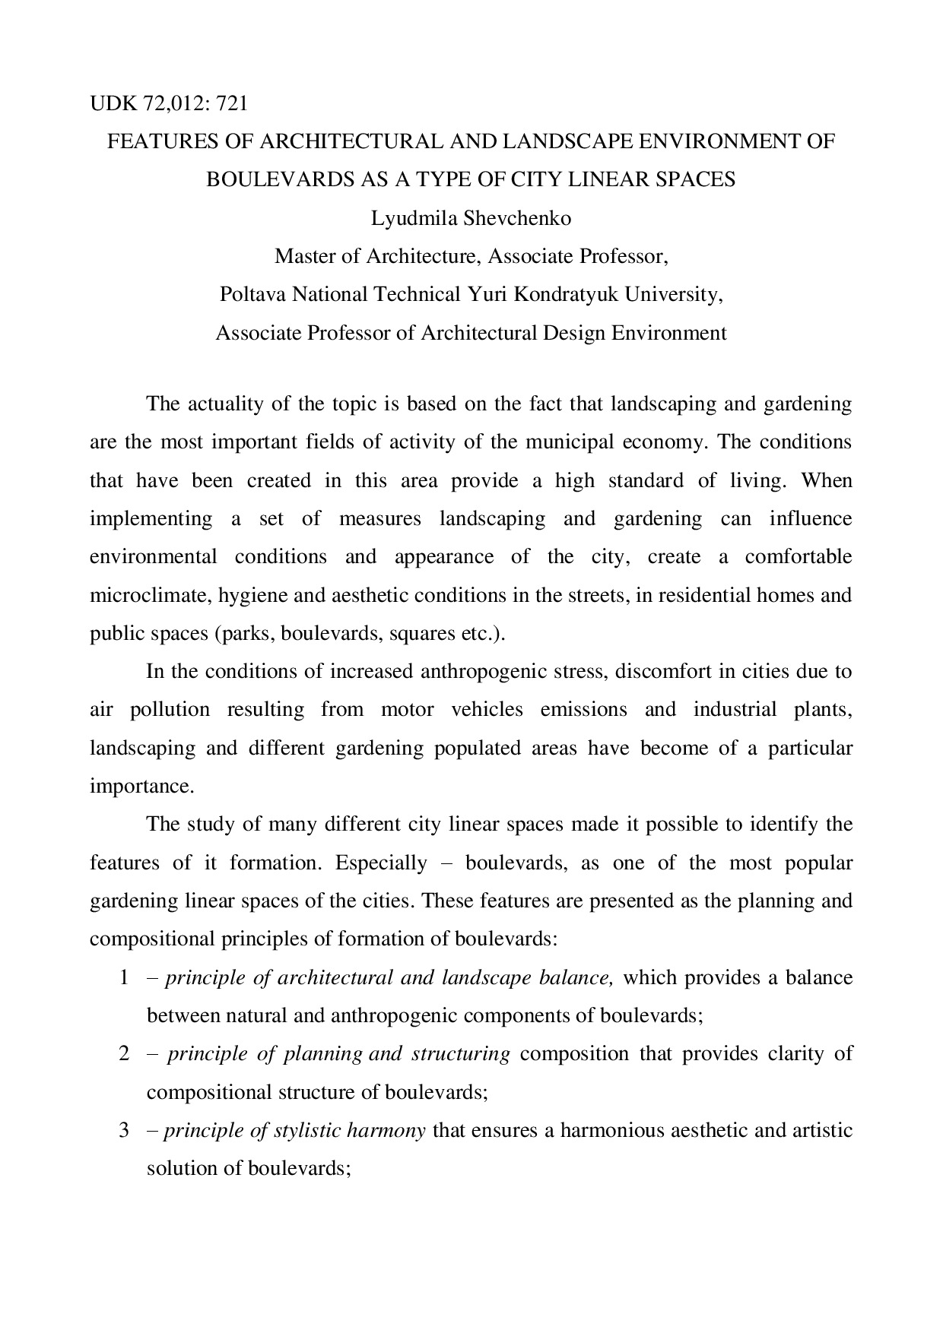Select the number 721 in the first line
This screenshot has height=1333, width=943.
(x=232, y=103)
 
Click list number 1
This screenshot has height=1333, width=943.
(x=125, y=977)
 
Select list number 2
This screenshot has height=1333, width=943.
(x=125, y=1054)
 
